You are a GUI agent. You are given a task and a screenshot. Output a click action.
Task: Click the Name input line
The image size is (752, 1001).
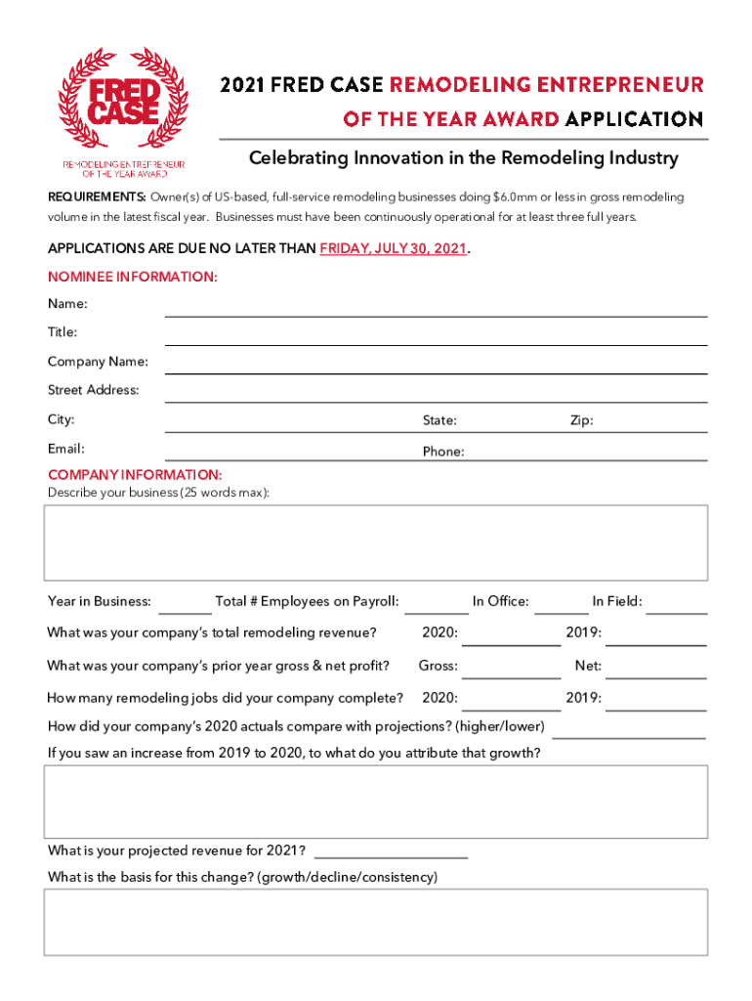(x=436, y=312)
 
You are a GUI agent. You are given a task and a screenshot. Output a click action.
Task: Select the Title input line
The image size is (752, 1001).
(x=436, y=340)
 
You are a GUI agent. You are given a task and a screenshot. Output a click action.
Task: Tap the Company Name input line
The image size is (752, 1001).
(x=436, y=369)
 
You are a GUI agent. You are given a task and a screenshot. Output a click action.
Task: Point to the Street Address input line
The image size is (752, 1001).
(x=436, y=398)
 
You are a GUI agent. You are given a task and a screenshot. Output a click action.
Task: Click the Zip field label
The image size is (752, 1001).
(x=581, y=420)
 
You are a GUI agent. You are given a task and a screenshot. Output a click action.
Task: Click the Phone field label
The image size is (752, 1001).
(x=443, y=452)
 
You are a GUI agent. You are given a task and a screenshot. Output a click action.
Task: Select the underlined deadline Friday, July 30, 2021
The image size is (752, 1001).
(x=394, y=248)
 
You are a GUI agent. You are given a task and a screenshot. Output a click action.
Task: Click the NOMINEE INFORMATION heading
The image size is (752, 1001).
(x=133, y=277)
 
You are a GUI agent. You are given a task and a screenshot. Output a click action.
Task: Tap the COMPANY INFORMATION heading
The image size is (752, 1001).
(x=135, y=475)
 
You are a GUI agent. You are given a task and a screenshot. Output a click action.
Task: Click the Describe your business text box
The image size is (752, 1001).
(x=375, y=543)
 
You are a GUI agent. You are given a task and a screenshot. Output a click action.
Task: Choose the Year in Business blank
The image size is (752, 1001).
(x=184, y=608)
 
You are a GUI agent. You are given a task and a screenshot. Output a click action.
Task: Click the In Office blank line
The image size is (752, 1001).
(x=561, y=608)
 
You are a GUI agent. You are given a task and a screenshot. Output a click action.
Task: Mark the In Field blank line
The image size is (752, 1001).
(x=677, y=608)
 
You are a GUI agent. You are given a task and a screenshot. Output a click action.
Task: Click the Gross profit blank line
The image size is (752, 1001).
(x=510, y=674)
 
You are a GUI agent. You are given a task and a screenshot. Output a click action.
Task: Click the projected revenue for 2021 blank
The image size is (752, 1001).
(x=391, y=853)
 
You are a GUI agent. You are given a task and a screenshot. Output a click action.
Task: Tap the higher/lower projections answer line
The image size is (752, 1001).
(x=628, y=734)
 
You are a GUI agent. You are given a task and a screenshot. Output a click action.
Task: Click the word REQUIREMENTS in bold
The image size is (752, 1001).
(x=97, y=197)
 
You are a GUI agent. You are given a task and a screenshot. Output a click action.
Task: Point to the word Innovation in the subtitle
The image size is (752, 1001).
(x=374, y=158)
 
